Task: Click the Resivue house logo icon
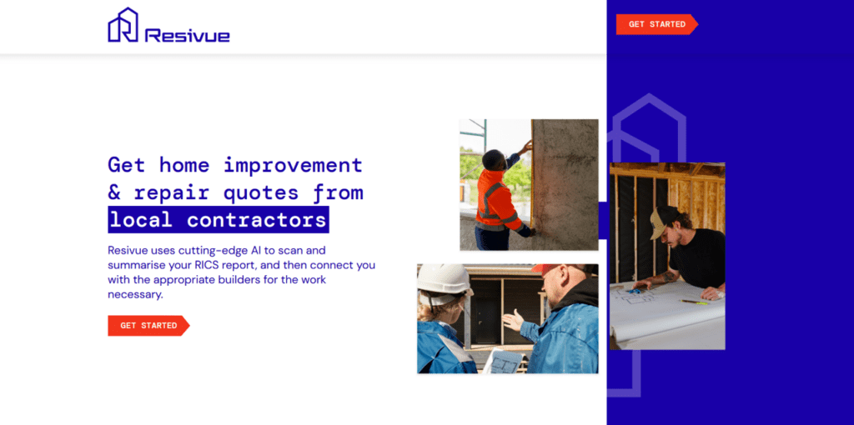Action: point(123,25)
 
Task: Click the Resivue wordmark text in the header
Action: point(188,36)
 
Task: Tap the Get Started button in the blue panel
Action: point(657,24)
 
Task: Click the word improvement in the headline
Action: point(293,164)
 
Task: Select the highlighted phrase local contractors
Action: point(218,220)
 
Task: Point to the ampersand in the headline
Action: point(113,192)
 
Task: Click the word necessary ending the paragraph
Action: point(134,295)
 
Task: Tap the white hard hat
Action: point(444,279)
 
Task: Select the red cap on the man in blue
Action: point(546,268)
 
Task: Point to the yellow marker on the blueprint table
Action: point(694,302)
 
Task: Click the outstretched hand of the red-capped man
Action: point(513,320)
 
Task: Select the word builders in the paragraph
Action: point(258,280)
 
